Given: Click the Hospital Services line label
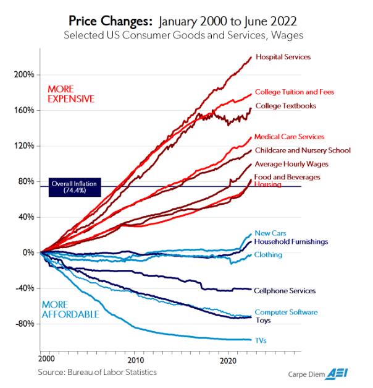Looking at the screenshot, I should click(x=282, y=57).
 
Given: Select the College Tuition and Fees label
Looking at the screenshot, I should click(x=295, y=92).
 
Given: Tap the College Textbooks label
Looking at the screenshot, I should click(x=285, y=106).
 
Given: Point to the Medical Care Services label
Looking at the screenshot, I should click(x=289, y=136).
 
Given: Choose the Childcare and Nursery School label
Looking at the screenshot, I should click(x=303, y=150).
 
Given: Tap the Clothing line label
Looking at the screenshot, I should click(x=268, y=254).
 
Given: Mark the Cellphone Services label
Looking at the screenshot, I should click(x=285, y=290).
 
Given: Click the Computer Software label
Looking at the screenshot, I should click(x=287, y=313).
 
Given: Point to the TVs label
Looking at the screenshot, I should click(x=261, y=340).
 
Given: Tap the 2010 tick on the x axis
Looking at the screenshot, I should click(x=135, y=359).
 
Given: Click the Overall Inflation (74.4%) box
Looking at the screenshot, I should click(x=69, y=187).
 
